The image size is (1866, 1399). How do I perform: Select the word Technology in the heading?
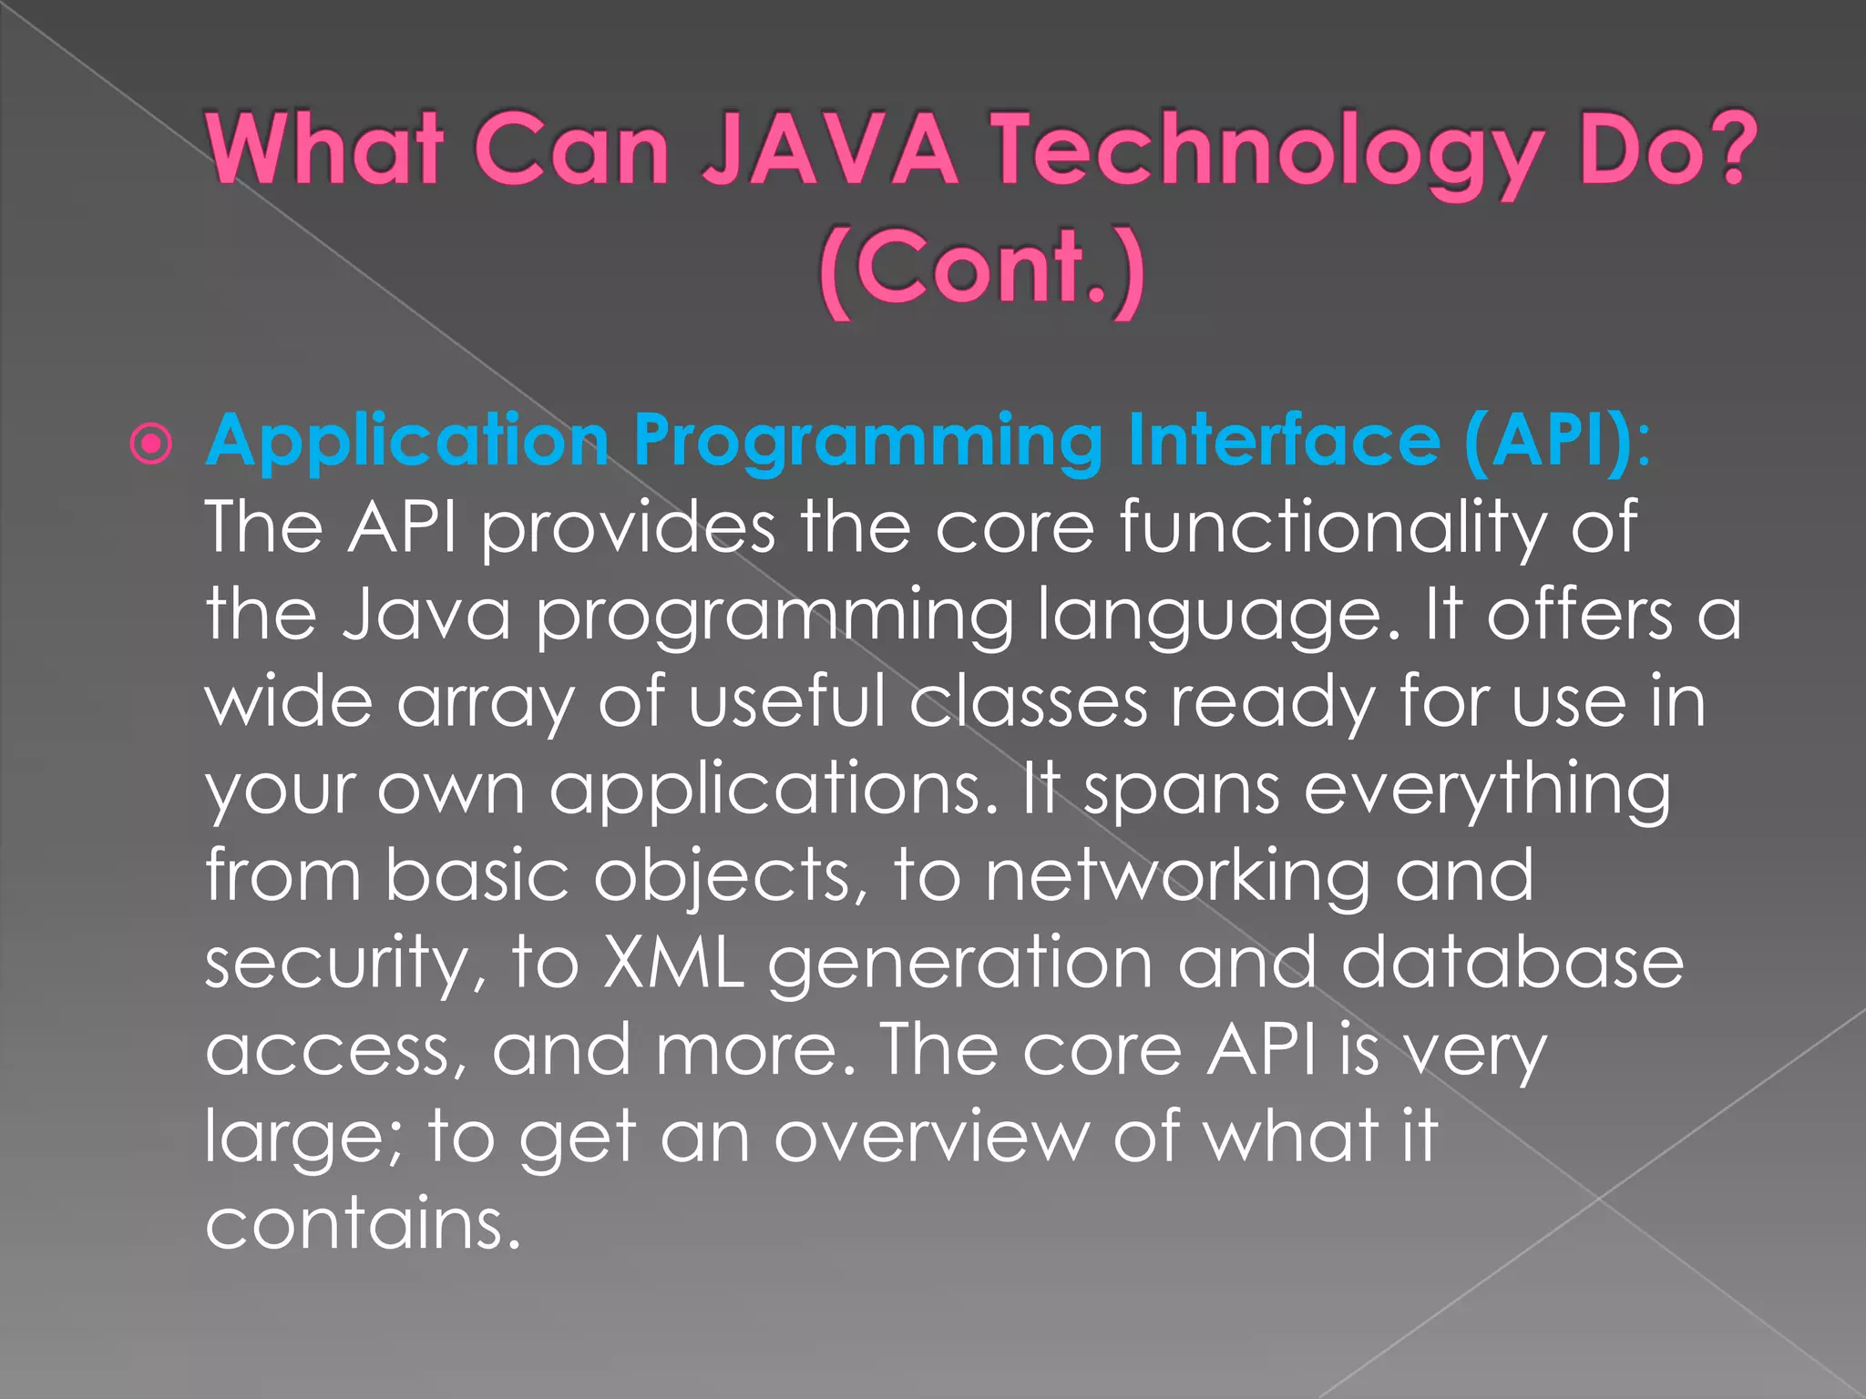tap(1267, 151)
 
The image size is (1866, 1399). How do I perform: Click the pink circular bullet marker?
tap(150, 444)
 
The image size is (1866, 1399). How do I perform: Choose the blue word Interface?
tap(1284, 440)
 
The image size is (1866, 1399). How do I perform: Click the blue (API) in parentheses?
tap(1550, 442)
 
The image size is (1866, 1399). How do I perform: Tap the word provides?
tap(628, 528)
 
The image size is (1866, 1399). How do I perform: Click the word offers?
tap(1580, 615)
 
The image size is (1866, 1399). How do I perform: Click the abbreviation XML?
tap(672, 964)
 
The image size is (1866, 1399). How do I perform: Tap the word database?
tap(1512, 964)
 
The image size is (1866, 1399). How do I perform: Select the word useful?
tap(787, 702)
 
